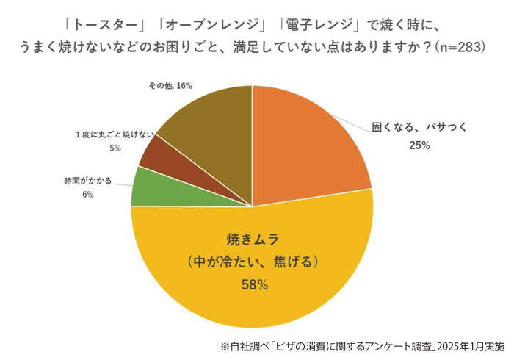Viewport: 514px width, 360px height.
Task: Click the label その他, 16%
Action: [170, 86]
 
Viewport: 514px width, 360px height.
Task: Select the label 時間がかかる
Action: [88, 180]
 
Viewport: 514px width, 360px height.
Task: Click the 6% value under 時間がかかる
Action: [88, 195]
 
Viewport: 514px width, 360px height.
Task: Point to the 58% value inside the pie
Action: [253, 285]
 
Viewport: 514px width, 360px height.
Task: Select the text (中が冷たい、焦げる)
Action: [253, 262]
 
